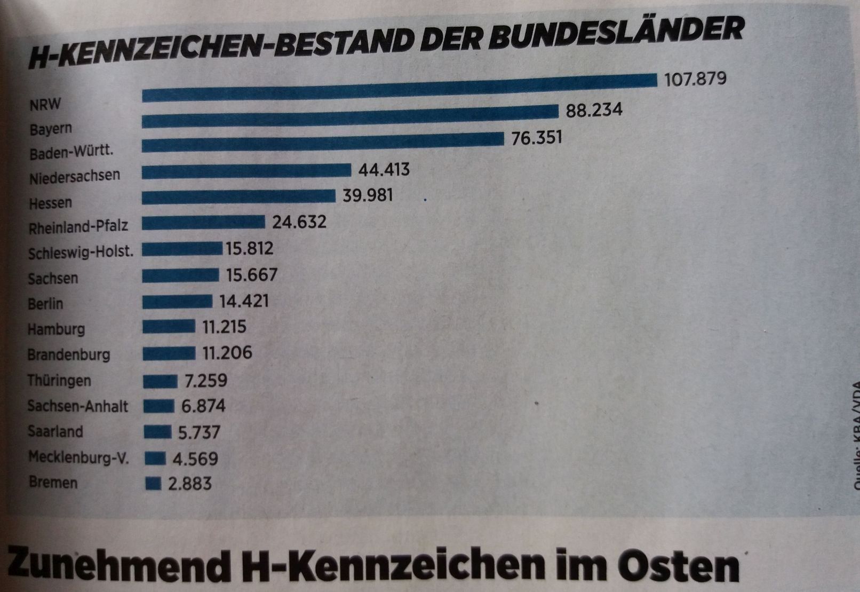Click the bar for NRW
400,88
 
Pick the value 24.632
299,222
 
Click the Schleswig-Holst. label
81,251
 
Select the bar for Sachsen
180,275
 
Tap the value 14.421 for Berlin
244,301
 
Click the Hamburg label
56,328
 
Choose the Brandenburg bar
169,353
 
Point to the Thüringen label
59,381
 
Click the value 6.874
203,406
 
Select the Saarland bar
157,431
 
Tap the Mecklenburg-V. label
78,457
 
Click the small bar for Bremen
153,483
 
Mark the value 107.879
695,79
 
